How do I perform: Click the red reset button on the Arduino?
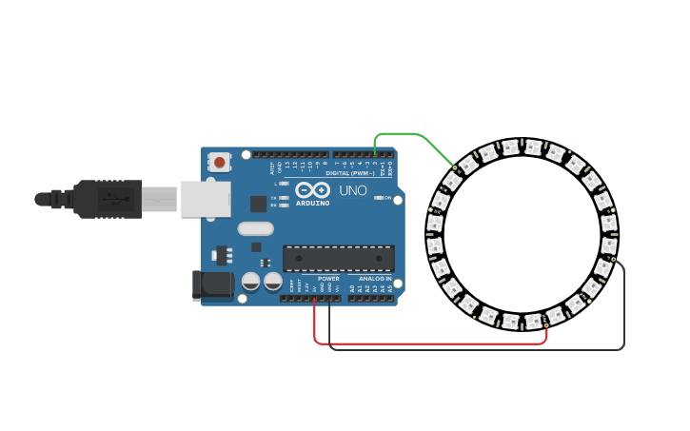[220, 162]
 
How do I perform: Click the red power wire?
[428, 343]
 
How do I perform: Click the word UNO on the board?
[353, 190]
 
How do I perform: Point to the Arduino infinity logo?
[312, 190]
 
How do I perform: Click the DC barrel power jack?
[213, 284]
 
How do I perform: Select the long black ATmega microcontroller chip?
[339, 258]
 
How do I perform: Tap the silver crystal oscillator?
[255, 228]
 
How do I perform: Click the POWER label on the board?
[328, 279]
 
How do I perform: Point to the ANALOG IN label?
[374, 279]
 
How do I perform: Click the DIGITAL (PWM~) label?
[350, 173]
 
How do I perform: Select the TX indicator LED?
[284, 198]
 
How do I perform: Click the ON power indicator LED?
[380, 198]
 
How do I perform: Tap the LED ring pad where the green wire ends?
[454, 168]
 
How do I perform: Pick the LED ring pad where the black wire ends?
[613, 259]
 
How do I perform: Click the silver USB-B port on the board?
[206, 200]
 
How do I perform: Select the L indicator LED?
[284, 184]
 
